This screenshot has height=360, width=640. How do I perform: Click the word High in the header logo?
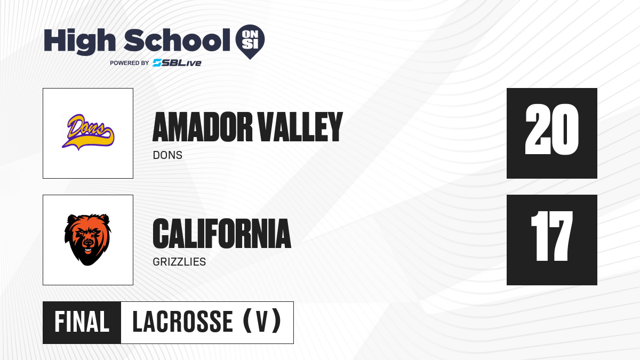(x=79, y=42)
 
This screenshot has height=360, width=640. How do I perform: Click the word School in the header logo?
(x=177, y=39)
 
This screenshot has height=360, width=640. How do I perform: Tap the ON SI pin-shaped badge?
(x=250, y=42)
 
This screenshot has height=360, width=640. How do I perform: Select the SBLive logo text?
(x=177, y=63)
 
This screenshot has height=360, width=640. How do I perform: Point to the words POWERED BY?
(x=130, y=63)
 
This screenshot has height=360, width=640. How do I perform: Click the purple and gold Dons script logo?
(x=88, y=132)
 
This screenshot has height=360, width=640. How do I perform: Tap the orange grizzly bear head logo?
(x=87, y=239)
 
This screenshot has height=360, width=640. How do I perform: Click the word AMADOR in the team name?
(x=203, y=127)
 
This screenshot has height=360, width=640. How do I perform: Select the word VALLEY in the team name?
(x=300, y=127)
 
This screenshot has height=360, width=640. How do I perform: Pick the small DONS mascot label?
(x=167, y=155)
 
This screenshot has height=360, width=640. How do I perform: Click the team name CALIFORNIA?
(x=222, y=234)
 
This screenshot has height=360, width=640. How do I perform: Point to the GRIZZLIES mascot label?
(x=179, y=262)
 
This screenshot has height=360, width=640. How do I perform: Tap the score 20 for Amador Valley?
(x=551, y=130)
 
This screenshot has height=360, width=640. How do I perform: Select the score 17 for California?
(x=551, y=236)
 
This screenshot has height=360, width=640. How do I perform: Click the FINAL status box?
(x=82, y=322)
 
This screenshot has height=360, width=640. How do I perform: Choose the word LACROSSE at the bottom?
(x=182, y=322)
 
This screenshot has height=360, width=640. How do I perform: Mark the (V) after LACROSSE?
(x=262, y=321)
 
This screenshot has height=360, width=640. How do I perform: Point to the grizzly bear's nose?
(x=89, y=242)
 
